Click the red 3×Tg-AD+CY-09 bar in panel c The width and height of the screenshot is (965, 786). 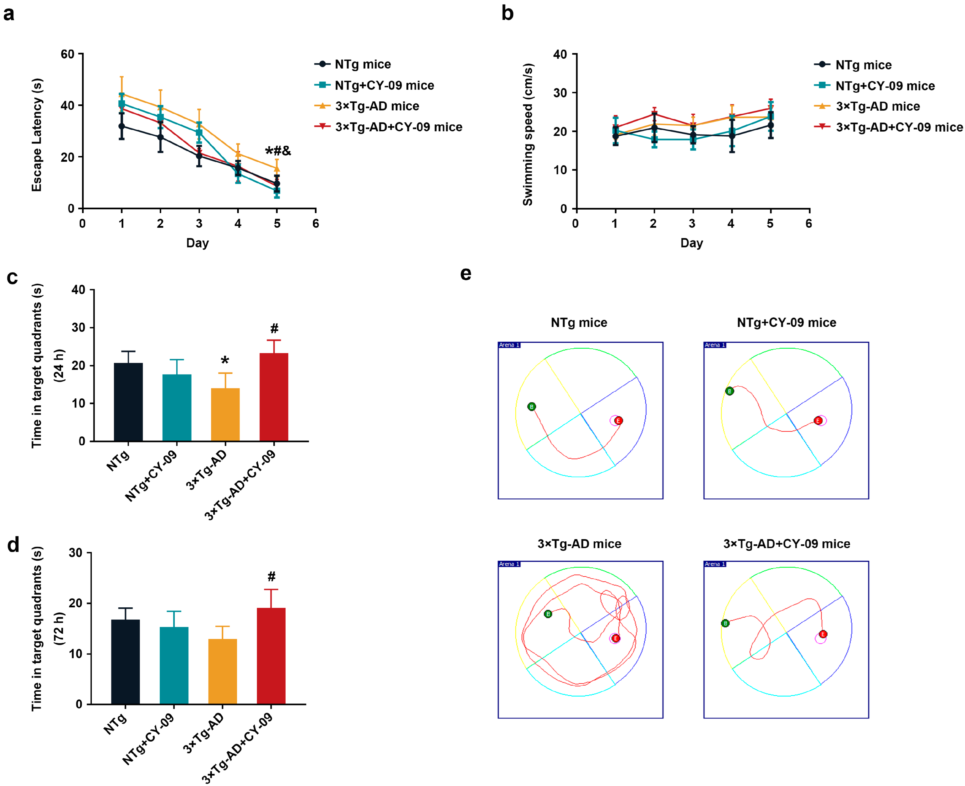point(274,397)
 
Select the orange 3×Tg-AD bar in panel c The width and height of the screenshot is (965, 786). point(225,414)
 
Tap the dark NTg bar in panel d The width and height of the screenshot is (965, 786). point(125,662)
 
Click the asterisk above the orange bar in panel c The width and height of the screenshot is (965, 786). point(225,361)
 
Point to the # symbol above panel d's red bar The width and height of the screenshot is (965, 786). point(271,576)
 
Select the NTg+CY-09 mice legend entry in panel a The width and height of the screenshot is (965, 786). point(384,85)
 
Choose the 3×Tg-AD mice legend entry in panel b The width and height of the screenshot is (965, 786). point(877,106)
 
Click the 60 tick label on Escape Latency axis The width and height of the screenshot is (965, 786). point(67,54)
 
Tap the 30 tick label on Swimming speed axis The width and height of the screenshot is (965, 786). point(560,93)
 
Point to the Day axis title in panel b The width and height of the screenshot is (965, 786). point(691,243)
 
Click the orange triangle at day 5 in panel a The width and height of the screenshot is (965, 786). point(277,168)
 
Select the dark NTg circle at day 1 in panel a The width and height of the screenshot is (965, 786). point(121,126)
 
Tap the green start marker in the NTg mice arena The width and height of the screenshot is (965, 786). point(532,407)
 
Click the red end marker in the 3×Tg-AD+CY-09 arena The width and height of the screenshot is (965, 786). point(823,634)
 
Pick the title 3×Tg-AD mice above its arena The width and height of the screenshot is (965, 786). point(579,544)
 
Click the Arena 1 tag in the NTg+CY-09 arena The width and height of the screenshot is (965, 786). point(715,345)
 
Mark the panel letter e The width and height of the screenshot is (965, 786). point(465,274)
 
